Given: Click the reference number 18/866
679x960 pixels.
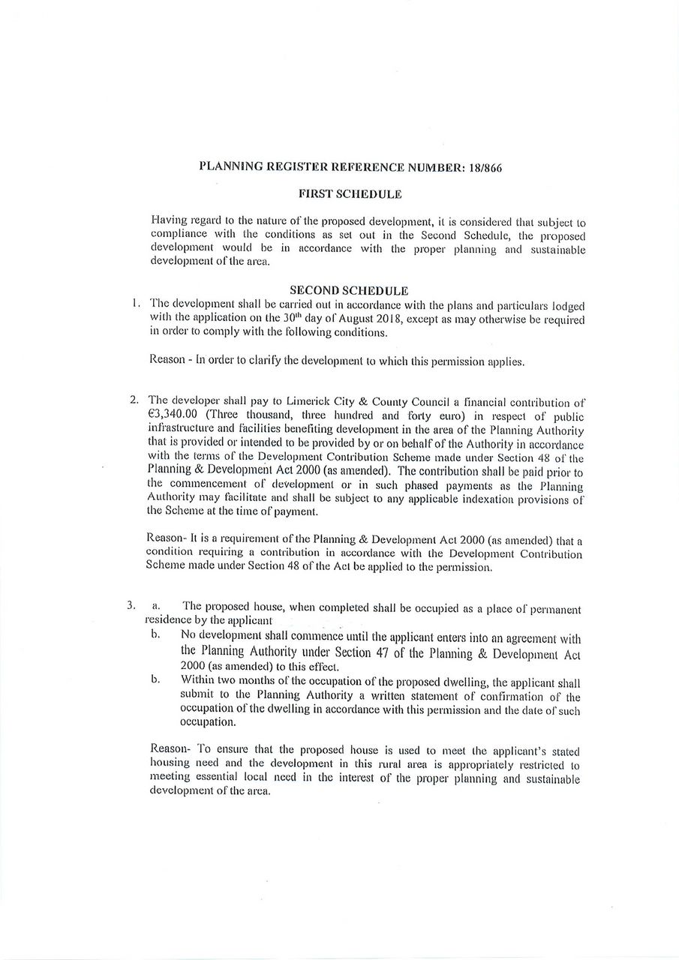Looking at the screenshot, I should click(484, 167).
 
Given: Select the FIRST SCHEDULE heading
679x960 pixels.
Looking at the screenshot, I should click(350, 194).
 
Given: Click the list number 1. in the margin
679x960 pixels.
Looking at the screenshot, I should click(135, 304).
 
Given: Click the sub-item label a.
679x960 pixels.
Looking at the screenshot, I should click(156, 605).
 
